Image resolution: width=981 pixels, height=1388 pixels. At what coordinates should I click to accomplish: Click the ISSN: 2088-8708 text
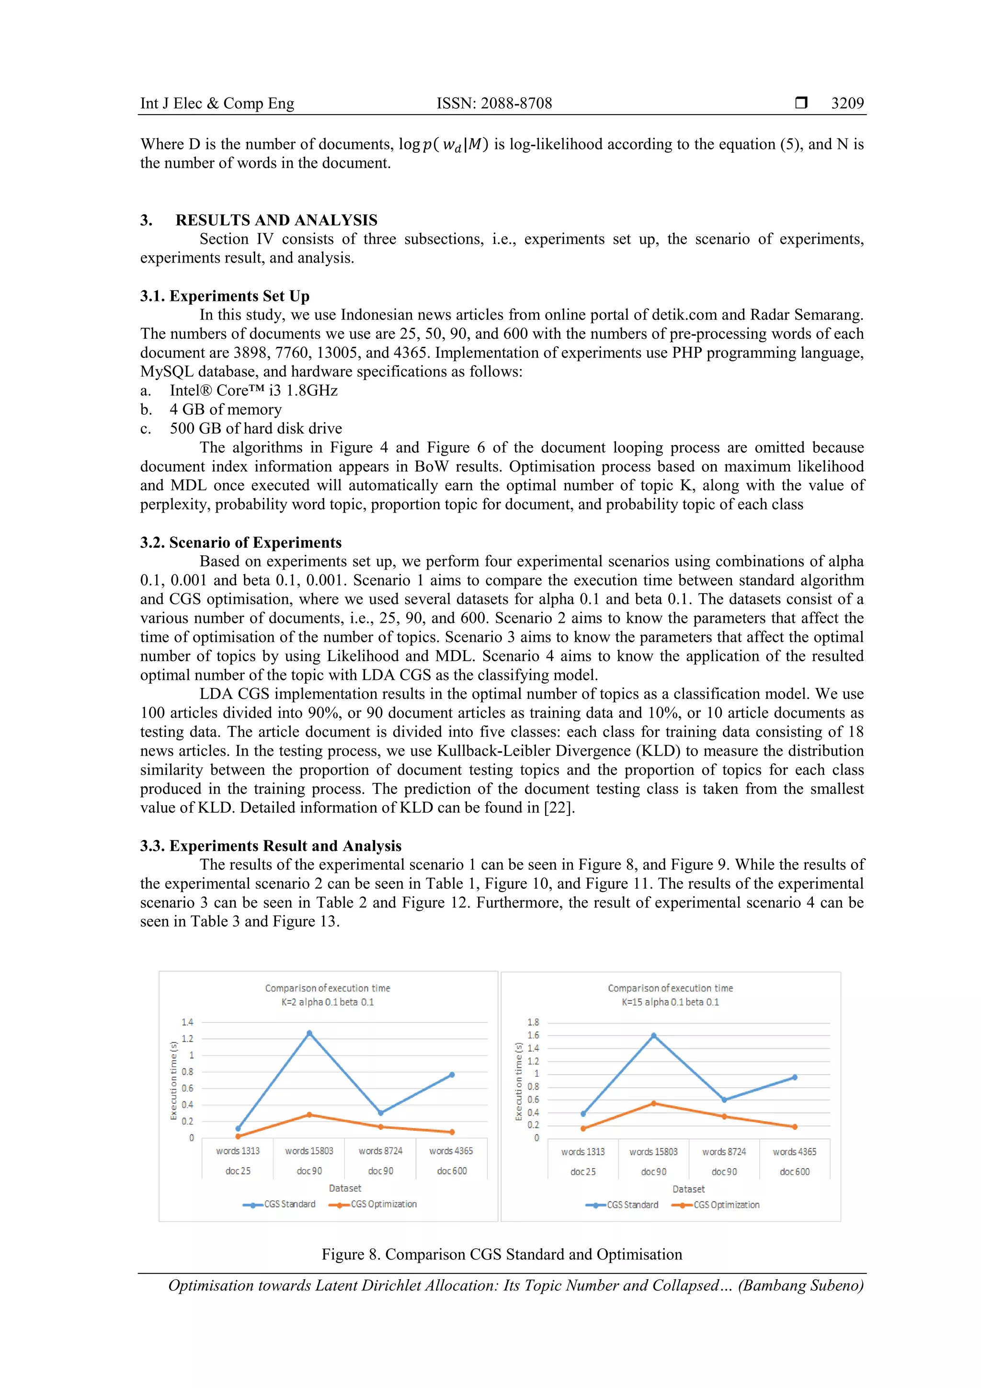pyautogui.click(x=494, y=103)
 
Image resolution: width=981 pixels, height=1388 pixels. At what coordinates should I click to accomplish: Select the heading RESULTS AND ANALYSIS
pyautogui.click(x=276, y=220)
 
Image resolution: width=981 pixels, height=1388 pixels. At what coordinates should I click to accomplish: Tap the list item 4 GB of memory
pyautogui.click(x=226, y=409)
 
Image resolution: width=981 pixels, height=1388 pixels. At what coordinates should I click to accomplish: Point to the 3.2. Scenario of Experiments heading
pyautogui.click(x=240, y=542)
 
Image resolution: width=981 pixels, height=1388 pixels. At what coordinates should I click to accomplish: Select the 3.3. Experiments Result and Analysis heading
pyautogui.click(x=270, y=846)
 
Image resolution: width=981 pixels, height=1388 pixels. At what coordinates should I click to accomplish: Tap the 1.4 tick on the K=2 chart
pyautogui.click(x=187, y=1022)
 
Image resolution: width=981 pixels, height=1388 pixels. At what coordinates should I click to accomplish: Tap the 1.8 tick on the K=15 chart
pyautogui.click(x=533, y=1022)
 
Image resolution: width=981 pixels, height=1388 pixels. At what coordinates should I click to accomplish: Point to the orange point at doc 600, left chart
pyautogui.click(x=452, y=1132)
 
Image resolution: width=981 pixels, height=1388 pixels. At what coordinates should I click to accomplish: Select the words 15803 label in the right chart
pyautogui.click(x=653, y=1152)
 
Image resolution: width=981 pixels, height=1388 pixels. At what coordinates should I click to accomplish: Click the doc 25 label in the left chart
pyautogui.click(x=238, y=1171)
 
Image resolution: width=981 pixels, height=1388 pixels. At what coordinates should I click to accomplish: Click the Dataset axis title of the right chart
pyautogui.click(x=688, y=1189)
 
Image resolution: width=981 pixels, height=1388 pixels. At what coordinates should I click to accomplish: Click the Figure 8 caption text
pyautogui.click(x=502, y=1254)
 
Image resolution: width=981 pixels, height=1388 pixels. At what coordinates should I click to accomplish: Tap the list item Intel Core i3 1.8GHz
pyautogui.click(x=253, y=390)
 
